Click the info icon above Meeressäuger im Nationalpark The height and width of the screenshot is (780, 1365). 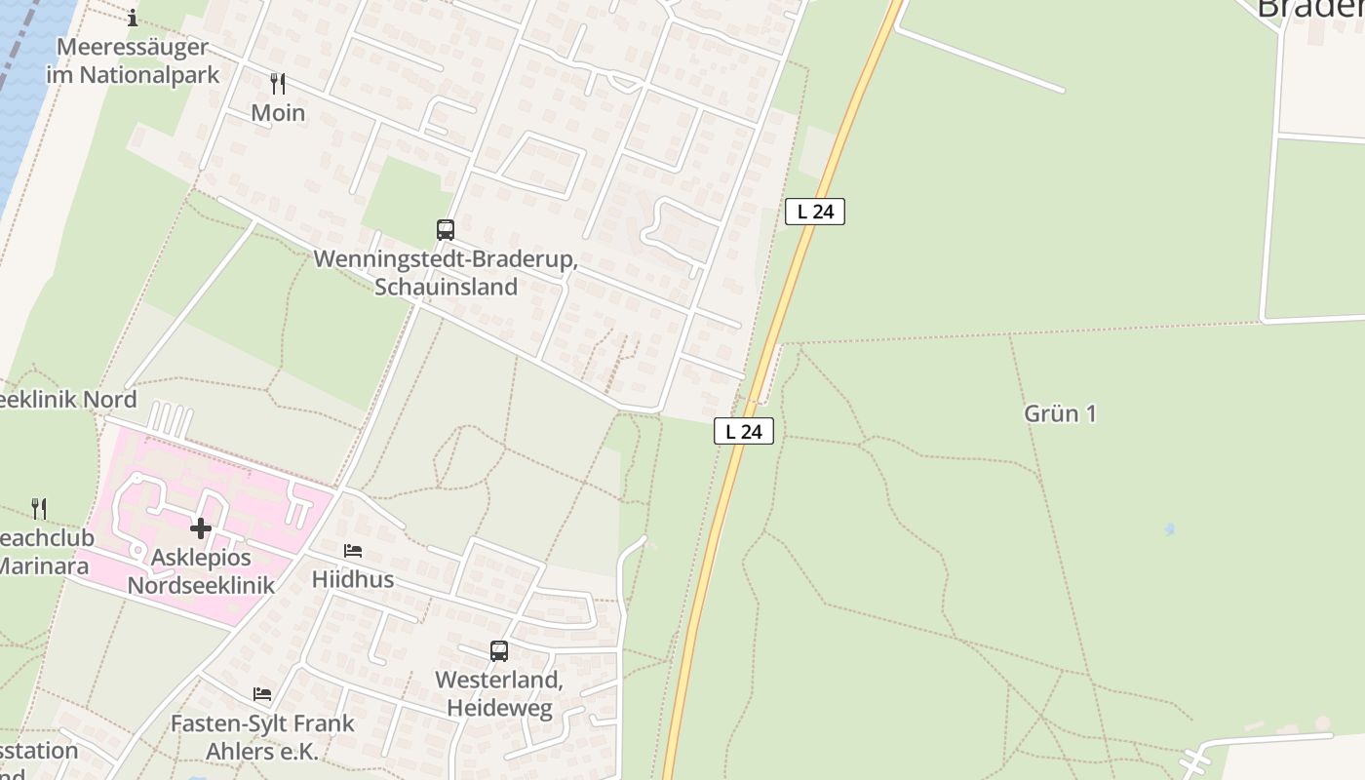(133, 18)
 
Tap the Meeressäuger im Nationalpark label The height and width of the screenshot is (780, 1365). (133, 60)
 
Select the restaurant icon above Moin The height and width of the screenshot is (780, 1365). (278, 84)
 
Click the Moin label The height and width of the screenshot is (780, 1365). (278, 113)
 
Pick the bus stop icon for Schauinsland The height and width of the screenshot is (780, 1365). (446, 230)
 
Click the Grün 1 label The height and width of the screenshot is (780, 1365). (1060, 413)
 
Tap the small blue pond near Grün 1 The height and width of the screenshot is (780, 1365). (1169, 529)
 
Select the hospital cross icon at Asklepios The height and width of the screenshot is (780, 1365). (201, 528)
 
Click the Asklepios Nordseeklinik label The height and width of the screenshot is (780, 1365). (201, 571)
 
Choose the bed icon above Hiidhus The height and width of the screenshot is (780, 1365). (353, 551)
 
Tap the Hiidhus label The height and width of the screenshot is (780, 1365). (353, 579)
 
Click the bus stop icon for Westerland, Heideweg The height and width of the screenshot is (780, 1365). (499, 650)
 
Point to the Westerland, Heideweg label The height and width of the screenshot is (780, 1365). (499, 693)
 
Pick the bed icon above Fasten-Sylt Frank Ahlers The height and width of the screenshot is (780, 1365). (262, 694)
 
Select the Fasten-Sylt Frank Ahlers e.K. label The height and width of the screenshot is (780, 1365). (262, 738)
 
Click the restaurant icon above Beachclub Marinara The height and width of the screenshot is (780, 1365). (39, 508)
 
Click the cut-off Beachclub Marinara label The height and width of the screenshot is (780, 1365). (44, 552)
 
